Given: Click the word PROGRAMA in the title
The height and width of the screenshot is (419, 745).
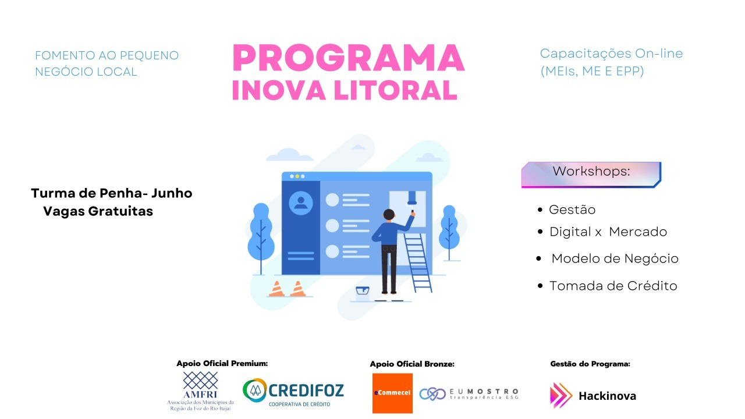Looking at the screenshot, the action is [349, 58].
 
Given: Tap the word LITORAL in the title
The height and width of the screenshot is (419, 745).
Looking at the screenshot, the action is [395, 90].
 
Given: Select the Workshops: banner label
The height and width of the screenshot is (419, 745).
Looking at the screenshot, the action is [591, 172].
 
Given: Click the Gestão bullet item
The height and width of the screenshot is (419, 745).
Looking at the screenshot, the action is [572, 210].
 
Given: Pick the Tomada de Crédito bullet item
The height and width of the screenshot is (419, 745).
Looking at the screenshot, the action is [613, 286].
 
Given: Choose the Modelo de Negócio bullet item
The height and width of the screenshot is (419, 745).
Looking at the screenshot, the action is [615, 259].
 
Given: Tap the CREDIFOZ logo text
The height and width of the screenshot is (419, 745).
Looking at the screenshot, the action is [306, 390].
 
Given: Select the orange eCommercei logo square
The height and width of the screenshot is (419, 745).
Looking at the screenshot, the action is [392, 393].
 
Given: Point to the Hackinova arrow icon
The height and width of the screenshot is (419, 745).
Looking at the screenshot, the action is [560, 395].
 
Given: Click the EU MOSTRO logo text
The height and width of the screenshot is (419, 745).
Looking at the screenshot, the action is [484, 394].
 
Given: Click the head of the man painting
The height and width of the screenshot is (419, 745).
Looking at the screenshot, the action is [389, 215].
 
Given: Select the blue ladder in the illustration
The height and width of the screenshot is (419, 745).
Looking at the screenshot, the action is [418, 262].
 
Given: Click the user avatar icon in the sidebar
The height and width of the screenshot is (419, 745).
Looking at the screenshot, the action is [301, 203].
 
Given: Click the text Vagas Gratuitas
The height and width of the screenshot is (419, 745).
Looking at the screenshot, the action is [98, 211].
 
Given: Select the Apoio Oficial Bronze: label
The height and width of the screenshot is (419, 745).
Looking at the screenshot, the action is [412, 364].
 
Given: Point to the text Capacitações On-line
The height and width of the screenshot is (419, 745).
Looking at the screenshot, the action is [611, 54].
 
